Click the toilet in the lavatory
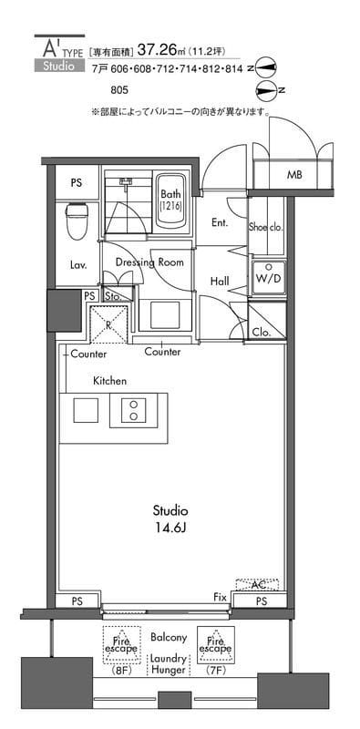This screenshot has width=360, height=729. [77, 220]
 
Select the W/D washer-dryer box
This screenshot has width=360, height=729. [268, 278]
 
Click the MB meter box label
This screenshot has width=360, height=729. [294, 175]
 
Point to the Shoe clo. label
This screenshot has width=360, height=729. [266, 227]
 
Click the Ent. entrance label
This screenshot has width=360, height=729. [220, 222]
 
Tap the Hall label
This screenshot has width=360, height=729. [220, 282]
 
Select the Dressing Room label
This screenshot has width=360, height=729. [149, 262]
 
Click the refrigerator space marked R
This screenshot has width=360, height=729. [108, 325]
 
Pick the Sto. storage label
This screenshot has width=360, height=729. [113, 295]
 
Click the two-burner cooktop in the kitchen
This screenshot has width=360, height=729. [134, 410]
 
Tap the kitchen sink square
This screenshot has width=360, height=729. [86, 410]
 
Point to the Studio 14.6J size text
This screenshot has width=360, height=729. [170, 519]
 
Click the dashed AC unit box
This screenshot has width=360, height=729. [257, 585]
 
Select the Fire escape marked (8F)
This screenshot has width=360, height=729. [120, 645]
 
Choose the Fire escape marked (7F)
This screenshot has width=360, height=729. [215, 645]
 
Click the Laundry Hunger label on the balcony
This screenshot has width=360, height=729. [168, 664]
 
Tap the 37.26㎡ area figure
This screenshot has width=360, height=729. [159, 50]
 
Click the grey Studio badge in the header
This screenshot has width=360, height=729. [59, 66]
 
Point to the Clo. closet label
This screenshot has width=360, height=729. [260, 332]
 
